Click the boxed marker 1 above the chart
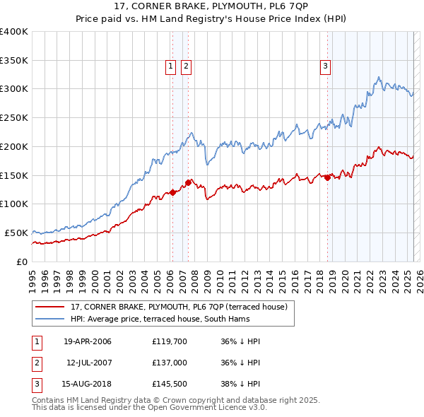pos(171,66)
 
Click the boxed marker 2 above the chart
pos(186,66)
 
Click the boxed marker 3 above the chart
pos(326,66)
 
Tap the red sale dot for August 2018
pos(327,178)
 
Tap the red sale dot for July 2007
pos(188,182)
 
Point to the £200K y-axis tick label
pos(14,146)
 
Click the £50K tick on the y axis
pos(16,233)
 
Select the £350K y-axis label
pos(14,60)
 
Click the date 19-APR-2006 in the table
pos(88,341)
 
